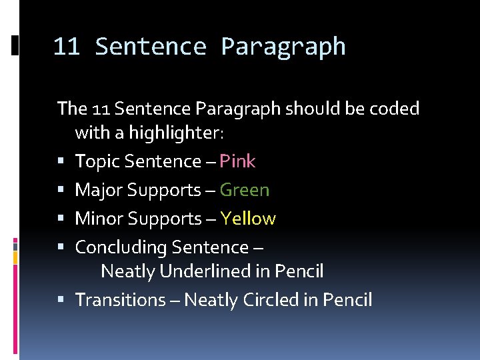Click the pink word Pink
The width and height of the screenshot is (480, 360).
237,161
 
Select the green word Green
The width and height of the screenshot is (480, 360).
245,190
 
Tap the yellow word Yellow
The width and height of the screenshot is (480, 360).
248,219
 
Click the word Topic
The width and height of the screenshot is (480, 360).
97,161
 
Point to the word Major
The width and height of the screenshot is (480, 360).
99,190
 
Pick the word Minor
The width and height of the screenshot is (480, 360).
99,219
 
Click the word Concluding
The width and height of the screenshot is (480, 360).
121,248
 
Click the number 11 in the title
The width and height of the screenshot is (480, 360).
66,47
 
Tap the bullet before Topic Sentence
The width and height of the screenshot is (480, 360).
61,162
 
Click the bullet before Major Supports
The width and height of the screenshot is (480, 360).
61,191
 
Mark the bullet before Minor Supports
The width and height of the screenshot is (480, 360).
61,219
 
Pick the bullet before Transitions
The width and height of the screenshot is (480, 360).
61,301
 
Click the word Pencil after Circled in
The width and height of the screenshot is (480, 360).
347,300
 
